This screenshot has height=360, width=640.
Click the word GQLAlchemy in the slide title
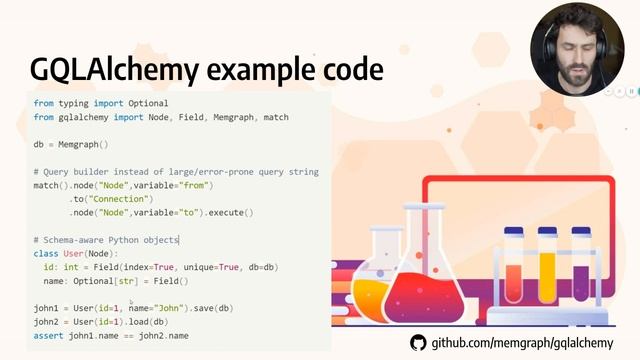[111, 69]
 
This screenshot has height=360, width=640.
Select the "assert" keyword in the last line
[48, 336]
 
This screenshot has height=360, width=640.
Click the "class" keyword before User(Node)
[46, 254]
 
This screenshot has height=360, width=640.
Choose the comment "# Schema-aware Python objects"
[105, 240]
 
